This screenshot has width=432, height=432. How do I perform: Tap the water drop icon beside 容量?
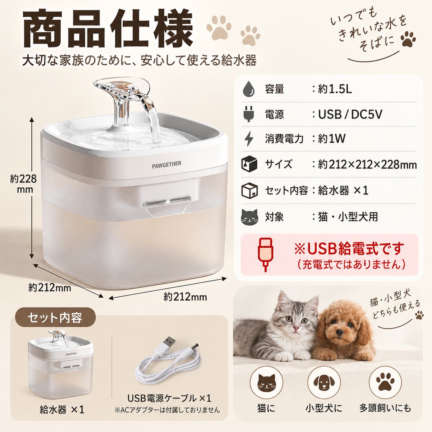(249, 89)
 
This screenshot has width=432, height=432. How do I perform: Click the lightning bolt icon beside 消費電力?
(249, 139)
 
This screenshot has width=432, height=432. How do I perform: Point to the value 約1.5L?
(335, 89)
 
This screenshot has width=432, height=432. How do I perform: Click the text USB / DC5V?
(350, 114)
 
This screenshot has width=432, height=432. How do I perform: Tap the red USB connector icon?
(265, 255)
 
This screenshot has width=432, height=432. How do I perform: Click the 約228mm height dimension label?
(23, 184)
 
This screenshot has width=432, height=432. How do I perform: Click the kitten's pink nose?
(296, 328)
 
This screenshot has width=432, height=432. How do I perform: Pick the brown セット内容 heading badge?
(55, 318)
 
